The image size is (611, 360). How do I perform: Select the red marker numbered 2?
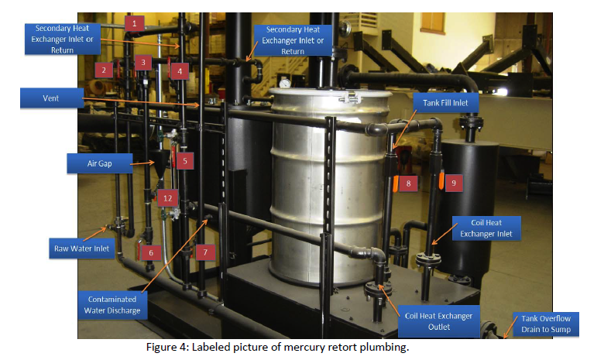102,70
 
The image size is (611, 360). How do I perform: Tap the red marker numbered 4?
180,71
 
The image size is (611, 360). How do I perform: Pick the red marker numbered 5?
185,161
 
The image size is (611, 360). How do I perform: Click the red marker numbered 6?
151,252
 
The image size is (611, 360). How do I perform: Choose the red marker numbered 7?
204,252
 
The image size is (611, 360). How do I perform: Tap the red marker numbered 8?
407,183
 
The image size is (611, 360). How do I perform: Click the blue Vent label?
52,98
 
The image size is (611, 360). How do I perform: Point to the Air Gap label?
106,163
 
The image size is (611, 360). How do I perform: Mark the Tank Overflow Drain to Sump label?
549,324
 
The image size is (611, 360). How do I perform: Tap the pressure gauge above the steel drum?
285,81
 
